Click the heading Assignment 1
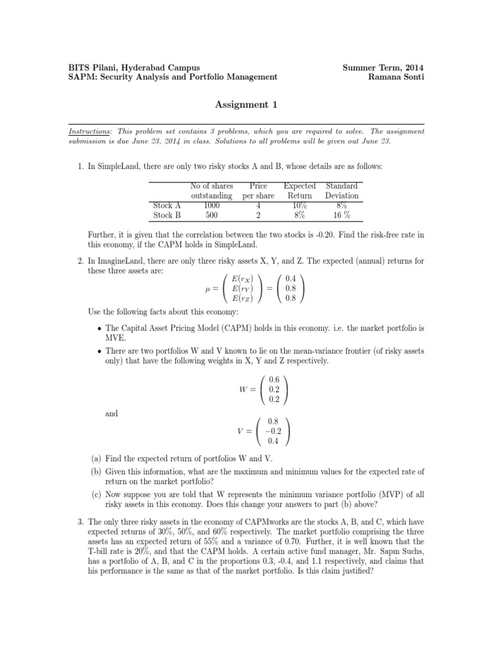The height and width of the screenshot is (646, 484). point(241,104)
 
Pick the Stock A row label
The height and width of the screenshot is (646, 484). point(167,205)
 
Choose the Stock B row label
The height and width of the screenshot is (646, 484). point(167,214)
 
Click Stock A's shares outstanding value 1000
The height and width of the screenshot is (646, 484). point(212,205)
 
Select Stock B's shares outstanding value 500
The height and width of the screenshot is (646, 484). point(212,214)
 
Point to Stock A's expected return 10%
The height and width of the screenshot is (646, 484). point(299,205)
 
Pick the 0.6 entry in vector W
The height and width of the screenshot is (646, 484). point(274,379)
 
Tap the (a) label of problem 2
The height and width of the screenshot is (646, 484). point(94,459)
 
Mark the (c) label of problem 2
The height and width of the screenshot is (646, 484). point(94,496)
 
